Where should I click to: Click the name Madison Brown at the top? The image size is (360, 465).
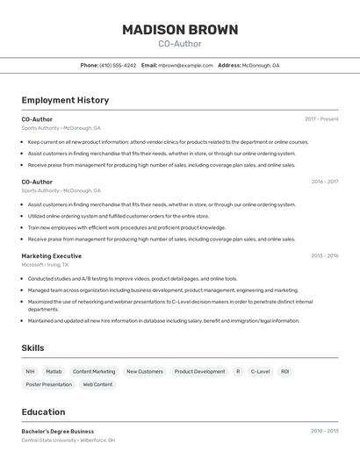click(x=180, y=30)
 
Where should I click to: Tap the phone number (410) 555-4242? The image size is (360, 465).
click(x=118, y=65)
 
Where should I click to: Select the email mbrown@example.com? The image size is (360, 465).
click(x=185, y=65)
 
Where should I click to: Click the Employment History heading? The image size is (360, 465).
click(x=65, y=100)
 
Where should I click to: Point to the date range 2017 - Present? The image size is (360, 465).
click(x=321, y=119)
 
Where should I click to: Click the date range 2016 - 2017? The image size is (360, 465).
click(x=324, y=182)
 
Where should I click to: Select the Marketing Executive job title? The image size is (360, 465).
click(x=52, y=256)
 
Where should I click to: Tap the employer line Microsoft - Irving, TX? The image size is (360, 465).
click(x=45, y=264)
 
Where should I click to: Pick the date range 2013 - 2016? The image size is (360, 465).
click(x=324, y=256)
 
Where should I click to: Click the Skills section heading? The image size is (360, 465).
click(x=32, y=348)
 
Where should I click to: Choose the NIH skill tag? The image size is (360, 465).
click(x=31, y=371)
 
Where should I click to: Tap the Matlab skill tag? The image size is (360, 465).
click(x=54, y=371)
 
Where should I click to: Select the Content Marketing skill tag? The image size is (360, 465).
click(x=94, y=371)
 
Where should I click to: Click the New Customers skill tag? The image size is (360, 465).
click(x=145, y=371)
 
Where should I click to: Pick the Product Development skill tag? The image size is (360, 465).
click(x=199, y=371)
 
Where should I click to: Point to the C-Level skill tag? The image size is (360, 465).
click(x=261, y=371)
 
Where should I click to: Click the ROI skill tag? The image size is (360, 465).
click(x=284, y=371)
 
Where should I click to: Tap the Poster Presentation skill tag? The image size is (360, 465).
click(x=49, y=384)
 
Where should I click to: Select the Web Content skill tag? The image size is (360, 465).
click(x=97, y=384)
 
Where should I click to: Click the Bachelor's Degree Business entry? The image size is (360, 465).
click(x=58, y=432)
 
